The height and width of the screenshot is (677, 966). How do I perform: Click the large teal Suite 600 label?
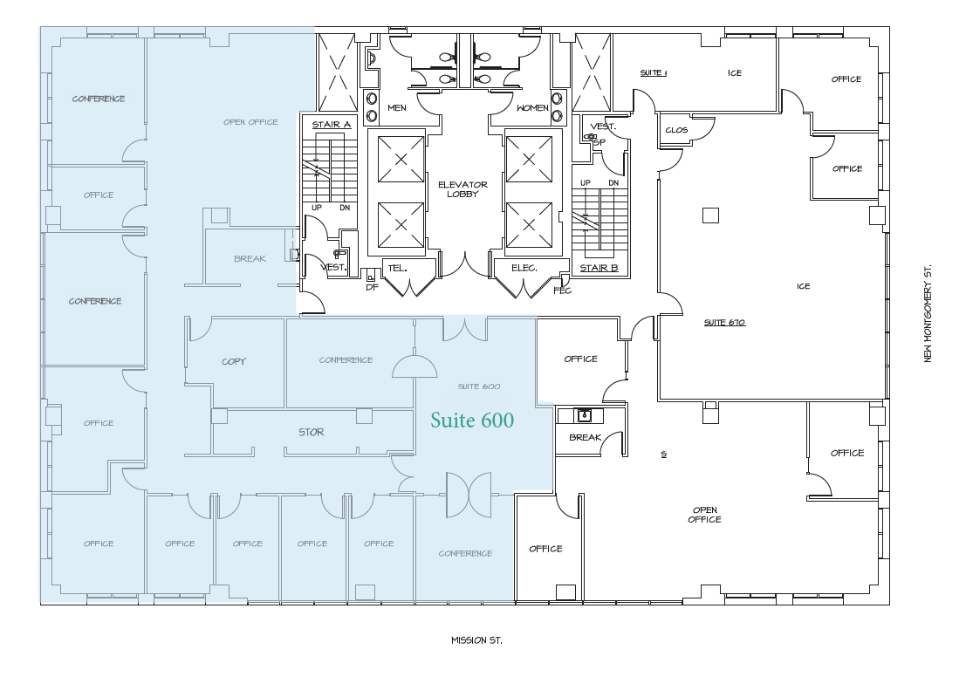(472, 421)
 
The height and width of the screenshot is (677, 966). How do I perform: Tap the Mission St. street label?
(476, 640)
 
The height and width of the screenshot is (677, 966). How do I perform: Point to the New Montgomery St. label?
(928, 313)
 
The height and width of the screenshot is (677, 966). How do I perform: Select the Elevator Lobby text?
(462, 189)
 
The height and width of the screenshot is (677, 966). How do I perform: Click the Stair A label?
(332, 125)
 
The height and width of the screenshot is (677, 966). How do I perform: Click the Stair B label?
(599, 268)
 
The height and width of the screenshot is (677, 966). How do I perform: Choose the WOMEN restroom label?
(532, 108)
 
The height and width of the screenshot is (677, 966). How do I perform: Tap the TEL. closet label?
(397, 268)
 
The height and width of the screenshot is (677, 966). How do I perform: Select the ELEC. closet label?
(524, 268)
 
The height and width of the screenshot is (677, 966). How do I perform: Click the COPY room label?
(234, 361)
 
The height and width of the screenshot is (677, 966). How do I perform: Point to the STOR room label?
(311, 432)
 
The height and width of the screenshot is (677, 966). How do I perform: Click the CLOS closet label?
(676, 130)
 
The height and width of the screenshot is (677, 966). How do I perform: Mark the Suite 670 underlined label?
(723, 323)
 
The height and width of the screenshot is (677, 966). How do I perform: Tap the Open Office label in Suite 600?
(250, 122)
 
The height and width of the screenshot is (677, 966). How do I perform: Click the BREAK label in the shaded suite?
(250, 259)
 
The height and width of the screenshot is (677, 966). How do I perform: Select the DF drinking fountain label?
(371, 286)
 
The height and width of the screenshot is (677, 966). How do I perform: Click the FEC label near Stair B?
(562, 291)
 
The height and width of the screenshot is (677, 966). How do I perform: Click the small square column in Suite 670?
(711, 215)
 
